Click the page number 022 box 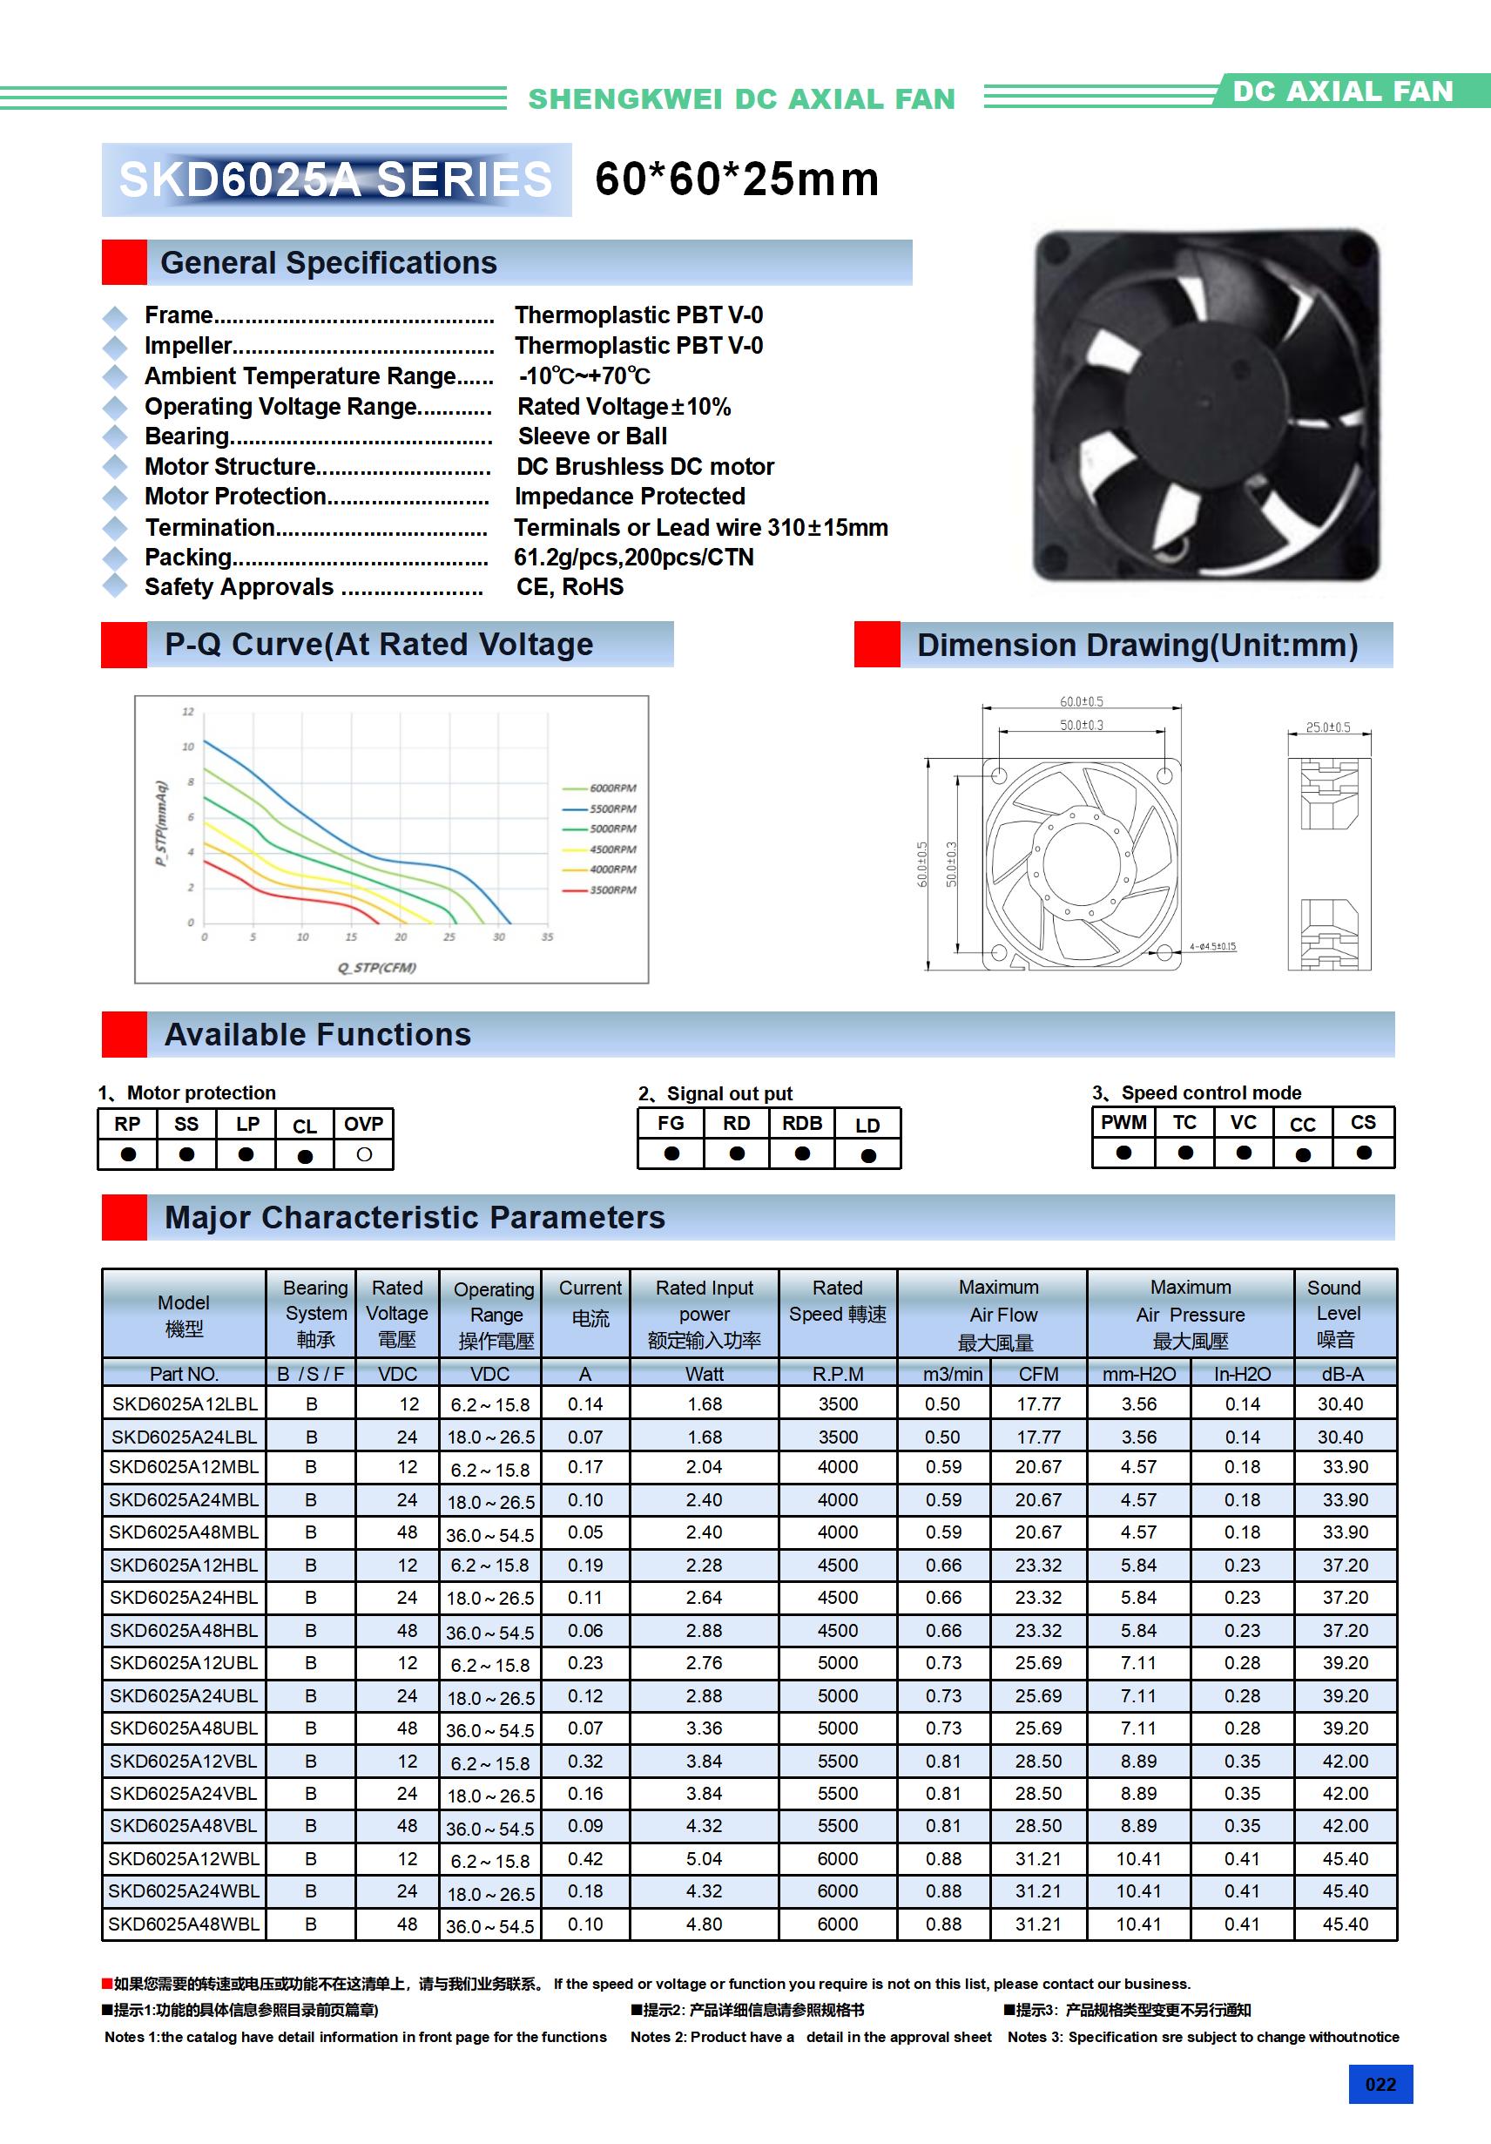1380,2084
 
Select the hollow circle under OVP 364,1154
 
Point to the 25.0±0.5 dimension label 1327,727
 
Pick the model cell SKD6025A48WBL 184,1924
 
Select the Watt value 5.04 704,1858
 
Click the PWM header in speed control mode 1123,1122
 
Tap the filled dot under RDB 802,1154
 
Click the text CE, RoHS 570,586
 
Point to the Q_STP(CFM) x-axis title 377,967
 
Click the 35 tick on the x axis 547,937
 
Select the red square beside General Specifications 125,262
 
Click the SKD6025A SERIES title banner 336,179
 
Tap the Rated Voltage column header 397,1313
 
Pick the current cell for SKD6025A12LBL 585,1403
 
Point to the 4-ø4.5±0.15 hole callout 1211,947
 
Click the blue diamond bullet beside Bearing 115,436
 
